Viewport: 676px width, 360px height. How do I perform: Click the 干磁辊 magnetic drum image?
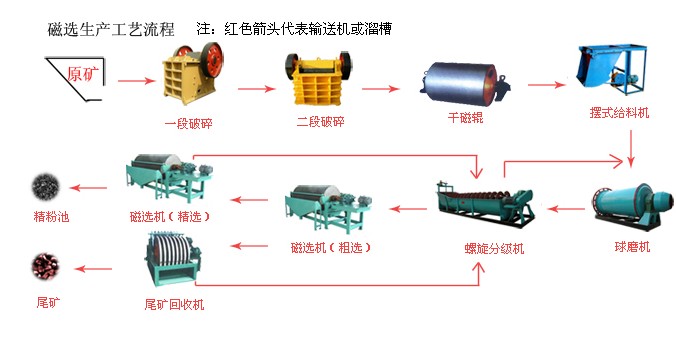[x=463, y=83]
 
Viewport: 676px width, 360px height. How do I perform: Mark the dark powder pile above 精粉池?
[x=43, y=185]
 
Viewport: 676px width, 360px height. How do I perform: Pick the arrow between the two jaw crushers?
[x=256, y=90]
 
